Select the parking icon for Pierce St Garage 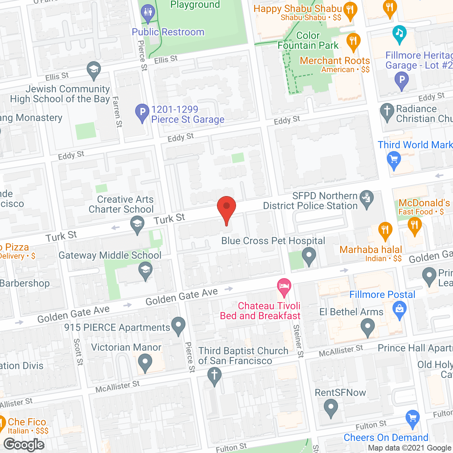click(x=142, y=112)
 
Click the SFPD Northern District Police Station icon click(x=367, y=199)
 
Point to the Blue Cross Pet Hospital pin click(x=309, y=255)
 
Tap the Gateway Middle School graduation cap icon click(x=145, y=270)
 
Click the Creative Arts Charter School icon click(x=137, y=224)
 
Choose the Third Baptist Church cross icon click(x=214, y=375)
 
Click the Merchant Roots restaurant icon click(x=353, y=41)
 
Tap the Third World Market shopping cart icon click(x=394, y=159)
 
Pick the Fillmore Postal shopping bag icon click(x=400, y=309)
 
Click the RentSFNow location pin click(x=331, y=407)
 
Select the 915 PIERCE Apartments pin click(x=178, y=325)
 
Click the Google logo click(x=24, y=445)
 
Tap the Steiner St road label click(x=298, y=341)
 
